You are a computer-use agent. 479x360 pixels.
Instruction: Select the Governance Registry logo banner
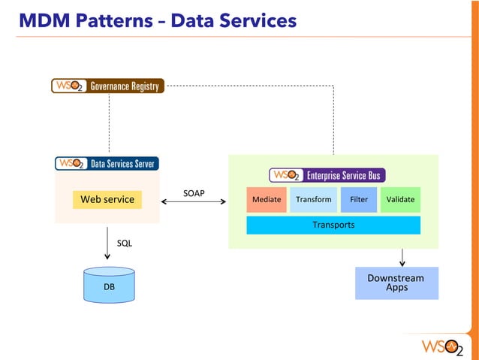click(x=107, y=86)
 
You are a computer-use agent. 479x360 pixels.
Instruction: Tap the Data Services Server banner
click(x=107, y=163)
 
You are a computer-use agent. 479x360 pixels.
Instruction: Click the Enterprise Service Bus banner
click(x=327, y=175)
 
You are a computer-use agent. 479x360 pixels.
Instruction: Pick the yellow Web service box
click(x=107, y=199)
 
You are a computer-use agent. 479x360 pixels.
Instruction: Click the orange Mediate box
click(x=267, y=200)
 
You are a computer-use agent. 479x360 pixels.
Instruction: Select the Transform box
click(x=313, y=200)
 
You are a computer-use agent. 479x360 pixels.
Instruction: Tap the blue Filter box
click(x=359, y=200)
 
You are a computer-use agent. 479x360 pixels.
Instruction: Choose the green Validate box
click(x=400, y=200)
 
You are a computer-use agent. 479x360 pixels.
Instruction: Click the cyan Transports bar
click(x=333, y=225)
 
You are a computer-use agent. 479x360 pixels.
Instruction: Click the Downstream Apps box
click(x=395, y=283)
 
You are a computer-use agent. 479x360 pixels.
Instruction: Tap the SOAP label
click(x=194, y=194)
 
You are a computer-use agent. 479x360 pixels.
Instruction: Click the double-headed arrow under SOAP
click(x=194, y=202)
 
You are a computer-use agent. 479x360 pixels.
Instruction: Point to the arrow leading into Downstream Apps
click(x=403, y=257)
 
